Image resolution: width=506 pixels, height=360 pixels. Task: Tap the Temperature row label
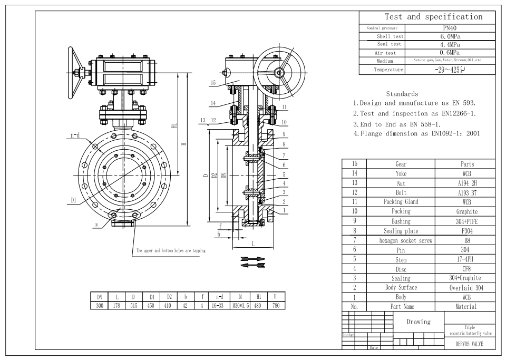point(388,70)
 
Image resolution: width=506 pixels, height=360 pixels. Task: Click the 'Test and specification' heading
point(433,17)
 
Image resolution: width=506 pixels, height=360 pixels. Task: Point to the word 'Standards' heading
point(403,94)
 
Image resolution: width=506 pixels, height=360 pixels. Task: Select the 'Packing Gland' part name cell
point(401,202)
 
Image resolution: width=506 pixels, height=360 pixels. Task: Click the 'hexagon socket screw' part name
point(406,240)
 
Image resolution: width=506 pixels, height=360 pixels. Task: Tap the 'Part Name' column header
point(402,306)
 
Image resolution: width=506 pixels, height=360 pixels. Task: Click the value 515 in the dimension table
point(133,305)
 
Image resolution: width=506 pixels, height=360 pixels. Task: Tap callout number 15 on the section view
point(213,83)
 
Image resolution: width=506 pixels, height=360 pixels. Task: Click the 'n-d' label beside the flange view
point(75,135)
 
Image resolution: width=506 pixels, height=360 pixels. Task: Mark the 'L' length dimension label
point(253,244)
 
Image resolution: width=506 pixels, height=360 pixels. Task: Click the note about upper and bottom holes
point(171,250)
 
